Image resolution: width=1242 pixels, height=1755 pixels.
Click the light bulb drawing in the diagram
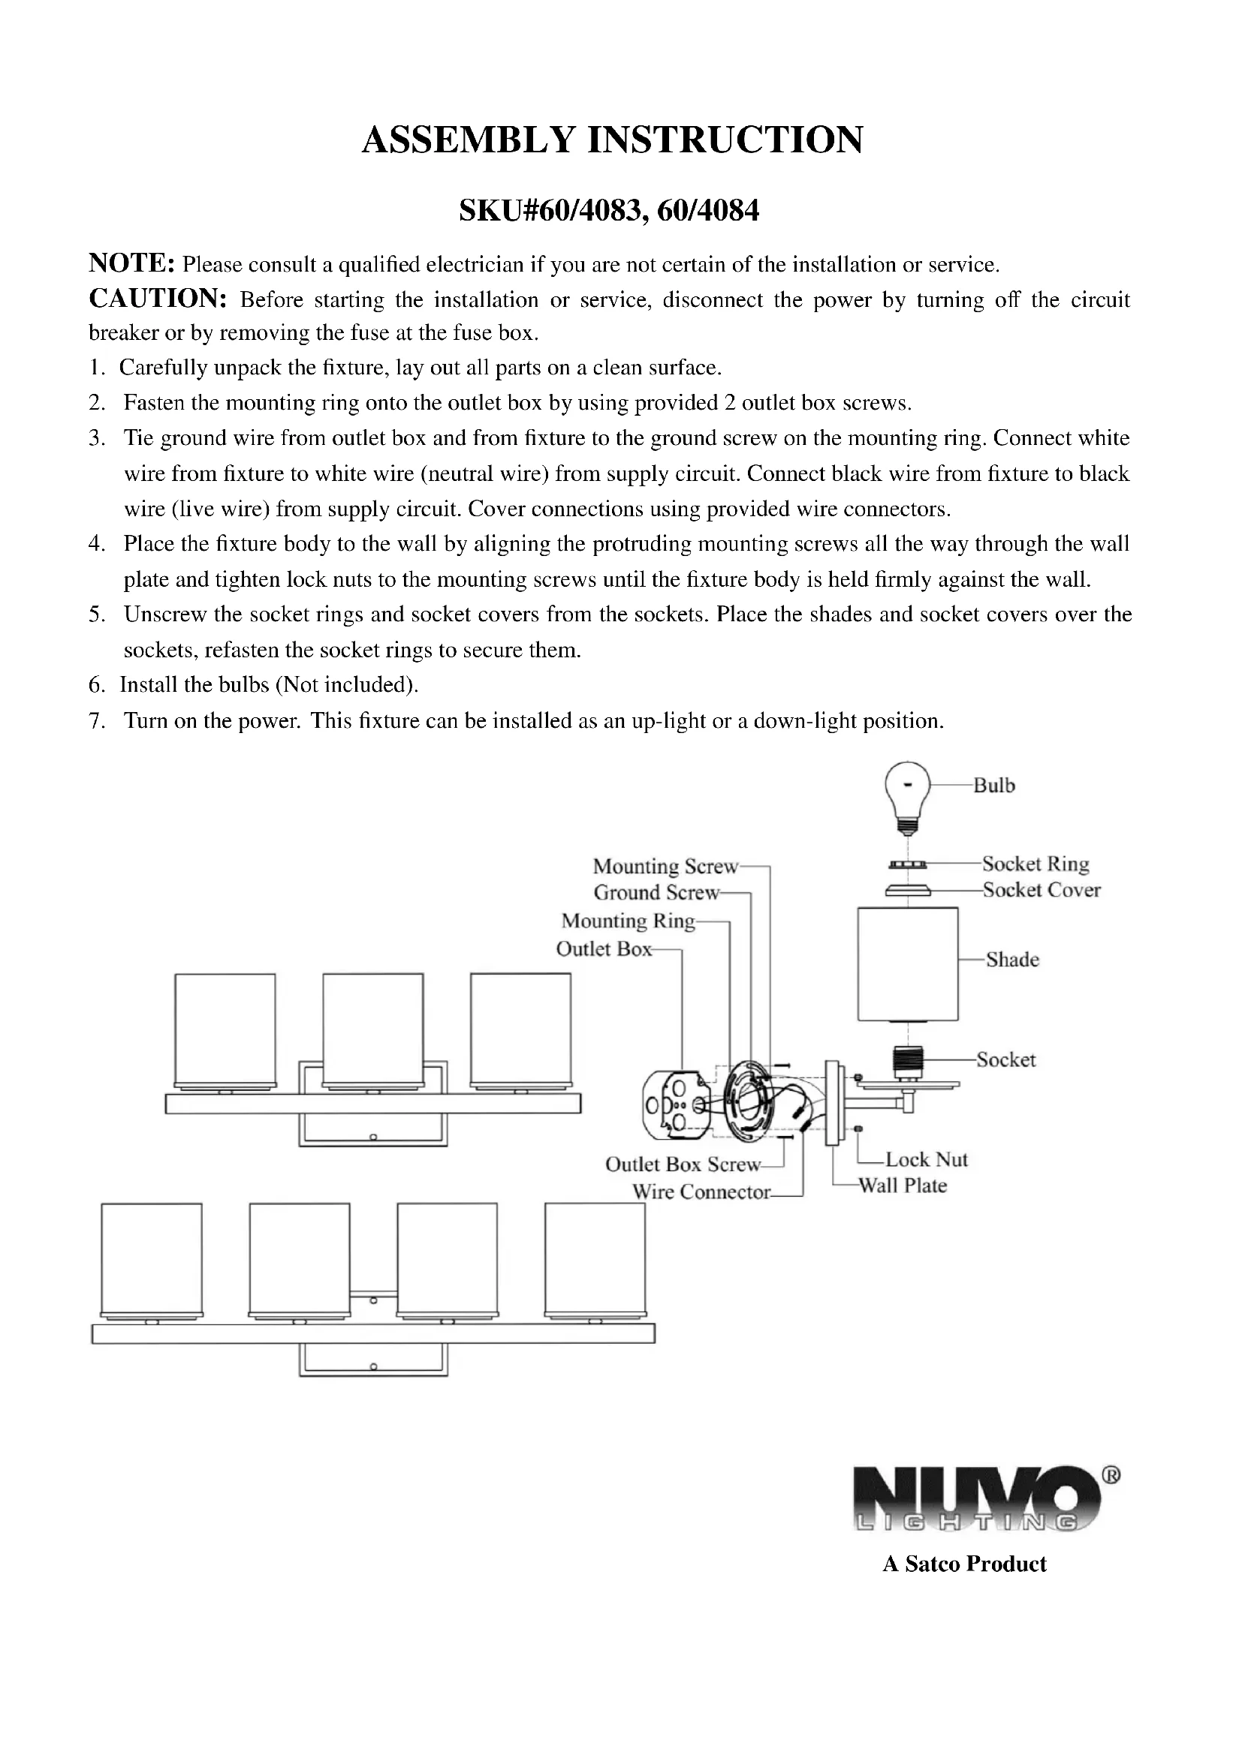907,795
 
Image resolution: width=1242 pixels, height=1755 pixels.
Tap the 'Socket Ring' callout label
1036,864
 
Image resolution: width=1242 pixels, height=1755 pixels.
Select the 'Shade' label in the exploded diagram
1012,960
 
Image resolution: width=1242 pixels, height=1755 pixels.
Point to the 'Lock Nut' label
926,1159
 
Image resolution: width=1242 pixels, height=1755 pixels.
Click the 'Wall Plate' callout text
903,1186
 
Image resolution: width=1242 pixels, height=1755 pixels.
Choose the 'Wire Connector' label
701,1192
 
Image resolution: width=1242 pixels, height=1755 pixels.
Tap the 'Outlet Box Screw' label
683,1164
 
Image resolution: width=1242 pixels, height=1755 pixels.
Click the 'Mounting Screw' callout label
665,866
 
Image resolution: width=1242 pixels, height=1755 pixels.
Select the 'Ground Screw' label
656,892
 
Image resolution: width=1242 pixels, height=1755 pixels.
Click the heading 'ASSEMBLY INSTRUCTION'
613,140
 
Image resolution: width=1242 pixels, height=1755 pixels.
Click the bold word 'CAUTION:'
158,299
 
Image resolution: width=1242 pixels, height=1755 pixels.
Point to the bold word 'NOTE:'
132,263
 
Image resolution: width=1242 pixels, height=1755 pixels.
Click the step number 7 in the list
96,721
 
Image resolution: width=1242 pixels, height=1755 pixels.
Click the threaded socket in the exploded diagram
908,1061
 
